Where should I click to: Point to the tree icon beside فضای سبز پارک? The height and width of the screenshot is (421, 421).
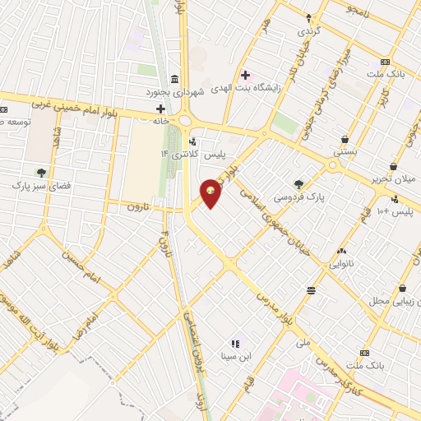tap(40, 173)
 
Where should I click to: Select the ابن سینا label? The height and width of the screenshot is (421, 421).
tap(235, 356)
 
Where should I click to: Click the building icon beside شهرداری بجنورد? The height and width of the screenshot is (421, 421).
tap(176, 79)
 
